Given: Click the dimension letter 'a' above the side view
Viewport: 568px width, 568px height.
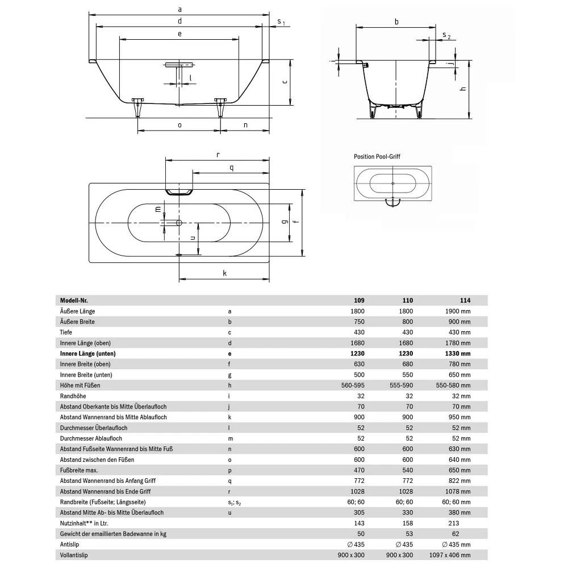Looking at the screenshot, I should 179,9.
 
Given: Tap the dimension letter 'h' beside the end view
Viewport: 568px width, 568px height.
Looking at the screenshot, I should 463,89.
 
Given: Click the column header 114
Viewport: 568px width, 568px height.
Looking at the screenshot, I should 465,300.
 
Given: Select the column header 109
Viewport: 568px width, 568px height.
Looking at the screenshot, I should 359,300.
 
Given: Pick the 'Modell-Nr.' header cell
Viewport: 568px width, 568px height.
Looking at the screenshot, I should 74,300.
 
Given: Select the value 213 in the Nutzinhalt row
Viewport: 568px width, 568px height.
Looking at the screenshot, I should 453,523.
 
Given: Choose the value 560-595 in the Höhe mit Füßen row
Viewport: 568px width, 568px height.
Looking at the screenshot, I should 352,385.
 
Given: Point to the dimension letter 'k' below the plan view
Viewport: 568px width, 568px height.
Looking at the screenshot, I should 225,273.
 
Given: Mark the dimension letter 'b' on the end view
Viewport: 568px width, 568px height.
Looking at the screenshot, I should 396,22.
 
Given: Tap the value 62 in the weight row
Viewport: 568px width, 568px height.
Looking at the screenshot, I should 454,534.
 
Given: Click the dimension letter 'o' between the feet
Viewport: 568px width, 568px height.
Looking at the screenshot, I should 179,125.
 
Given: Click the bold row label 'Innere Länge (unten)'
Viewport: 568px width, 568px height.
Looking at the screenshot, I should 92,353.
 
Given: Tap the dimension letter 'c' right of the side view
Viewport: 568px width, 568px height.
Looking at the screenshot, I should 285,81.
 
